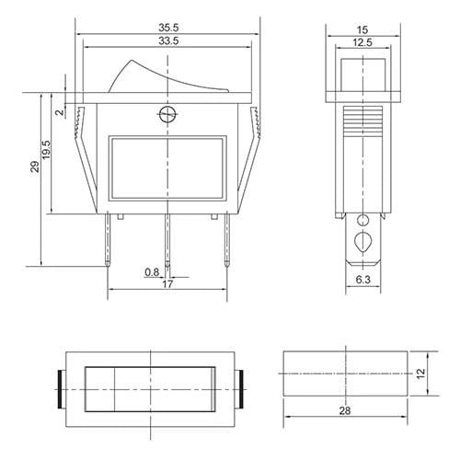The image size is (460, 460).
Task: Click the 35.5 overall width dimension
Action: [x=167, y=27]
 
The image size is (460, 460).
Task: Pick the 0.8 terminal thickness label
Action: [x=151, y=272]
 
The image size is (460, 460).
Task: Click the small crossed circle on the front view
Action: [x=167, y=116]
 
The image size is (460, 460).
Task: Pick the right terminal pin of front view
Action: [x=224, y=239]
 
